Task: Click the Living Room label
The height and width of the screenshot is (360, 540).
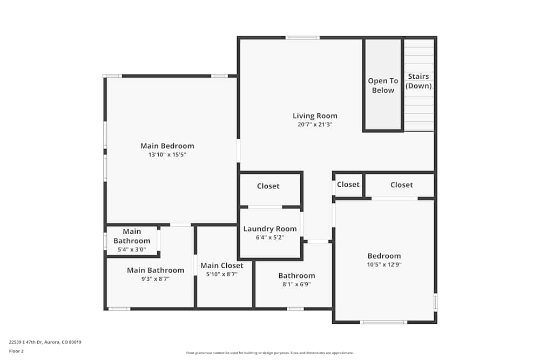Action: coord(315,116)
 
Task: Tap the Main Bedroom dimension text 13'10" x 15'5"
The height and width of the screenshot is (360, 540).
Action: coord(167,155)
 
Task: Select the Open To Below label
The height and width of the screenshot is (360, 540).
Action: coord(383,85)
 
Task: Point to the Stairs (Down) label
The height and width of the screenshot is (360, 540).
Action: coord(418,81)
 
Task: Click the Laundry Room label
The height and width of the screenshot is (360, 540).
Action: coord(270,229)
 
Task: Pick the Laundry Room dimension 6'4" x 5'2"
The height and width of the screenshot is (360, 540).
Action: coord(270,237)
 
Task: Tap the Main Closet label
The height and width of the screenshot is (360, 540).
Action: coord(222,266)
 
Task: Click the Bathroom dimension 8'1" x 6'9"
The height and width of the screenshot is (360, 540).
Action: coord(296,284)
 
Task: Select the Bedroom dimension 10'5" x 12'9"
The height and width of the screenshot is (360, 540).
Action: coord(384,265)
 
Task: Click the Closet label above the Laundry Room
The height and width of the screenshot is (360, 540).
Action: coord(268,186)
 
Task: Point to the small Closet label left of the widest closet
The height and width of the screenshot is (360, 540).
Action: coord(348,185)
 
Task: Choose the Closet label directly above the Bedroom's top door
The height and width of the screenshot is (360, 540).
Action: coord(401,185)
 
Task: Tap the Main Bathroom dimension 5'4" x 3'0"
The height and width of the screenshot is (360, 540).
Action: coord(132,250)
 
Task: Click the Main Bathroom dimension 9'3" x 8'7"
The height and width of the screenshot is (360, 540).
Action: coord(155,279)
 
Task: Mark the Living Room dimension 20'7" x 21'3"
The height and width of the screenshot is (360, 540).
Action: coord(315,125)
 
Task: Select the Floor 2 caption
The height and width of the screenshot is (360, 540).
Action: coord(16,351)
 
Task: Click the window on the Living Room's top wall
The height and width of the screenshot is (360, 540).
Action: coord(302,38)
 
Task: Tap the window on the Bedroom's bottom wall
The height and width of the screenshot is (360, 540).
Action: coord(383,322)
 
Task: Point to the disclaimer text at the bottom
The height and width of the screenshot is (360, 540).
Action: coord(270,353)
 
